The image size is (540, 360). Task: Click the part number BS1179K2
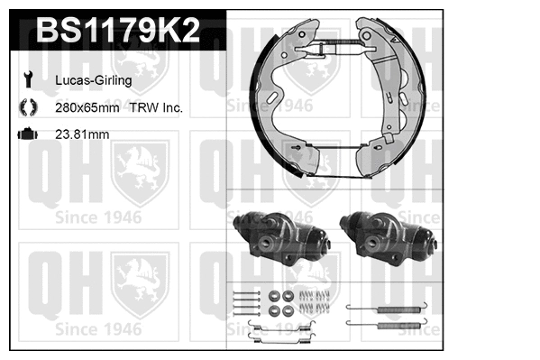coord(116,32)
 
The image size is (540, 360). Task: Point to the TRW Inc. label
coord(158,107)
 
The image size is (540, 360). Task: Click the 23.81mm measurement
coord(84,135)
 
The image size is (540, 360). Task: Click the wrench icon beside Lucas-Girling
coord(28,80)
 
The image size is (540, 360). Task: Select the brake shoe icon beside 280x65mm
coord(28,107)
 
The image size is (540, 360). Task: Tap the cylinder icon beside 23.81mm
coord(28,135)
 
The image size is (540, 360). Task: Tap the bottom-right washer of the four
coord(288,310)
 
